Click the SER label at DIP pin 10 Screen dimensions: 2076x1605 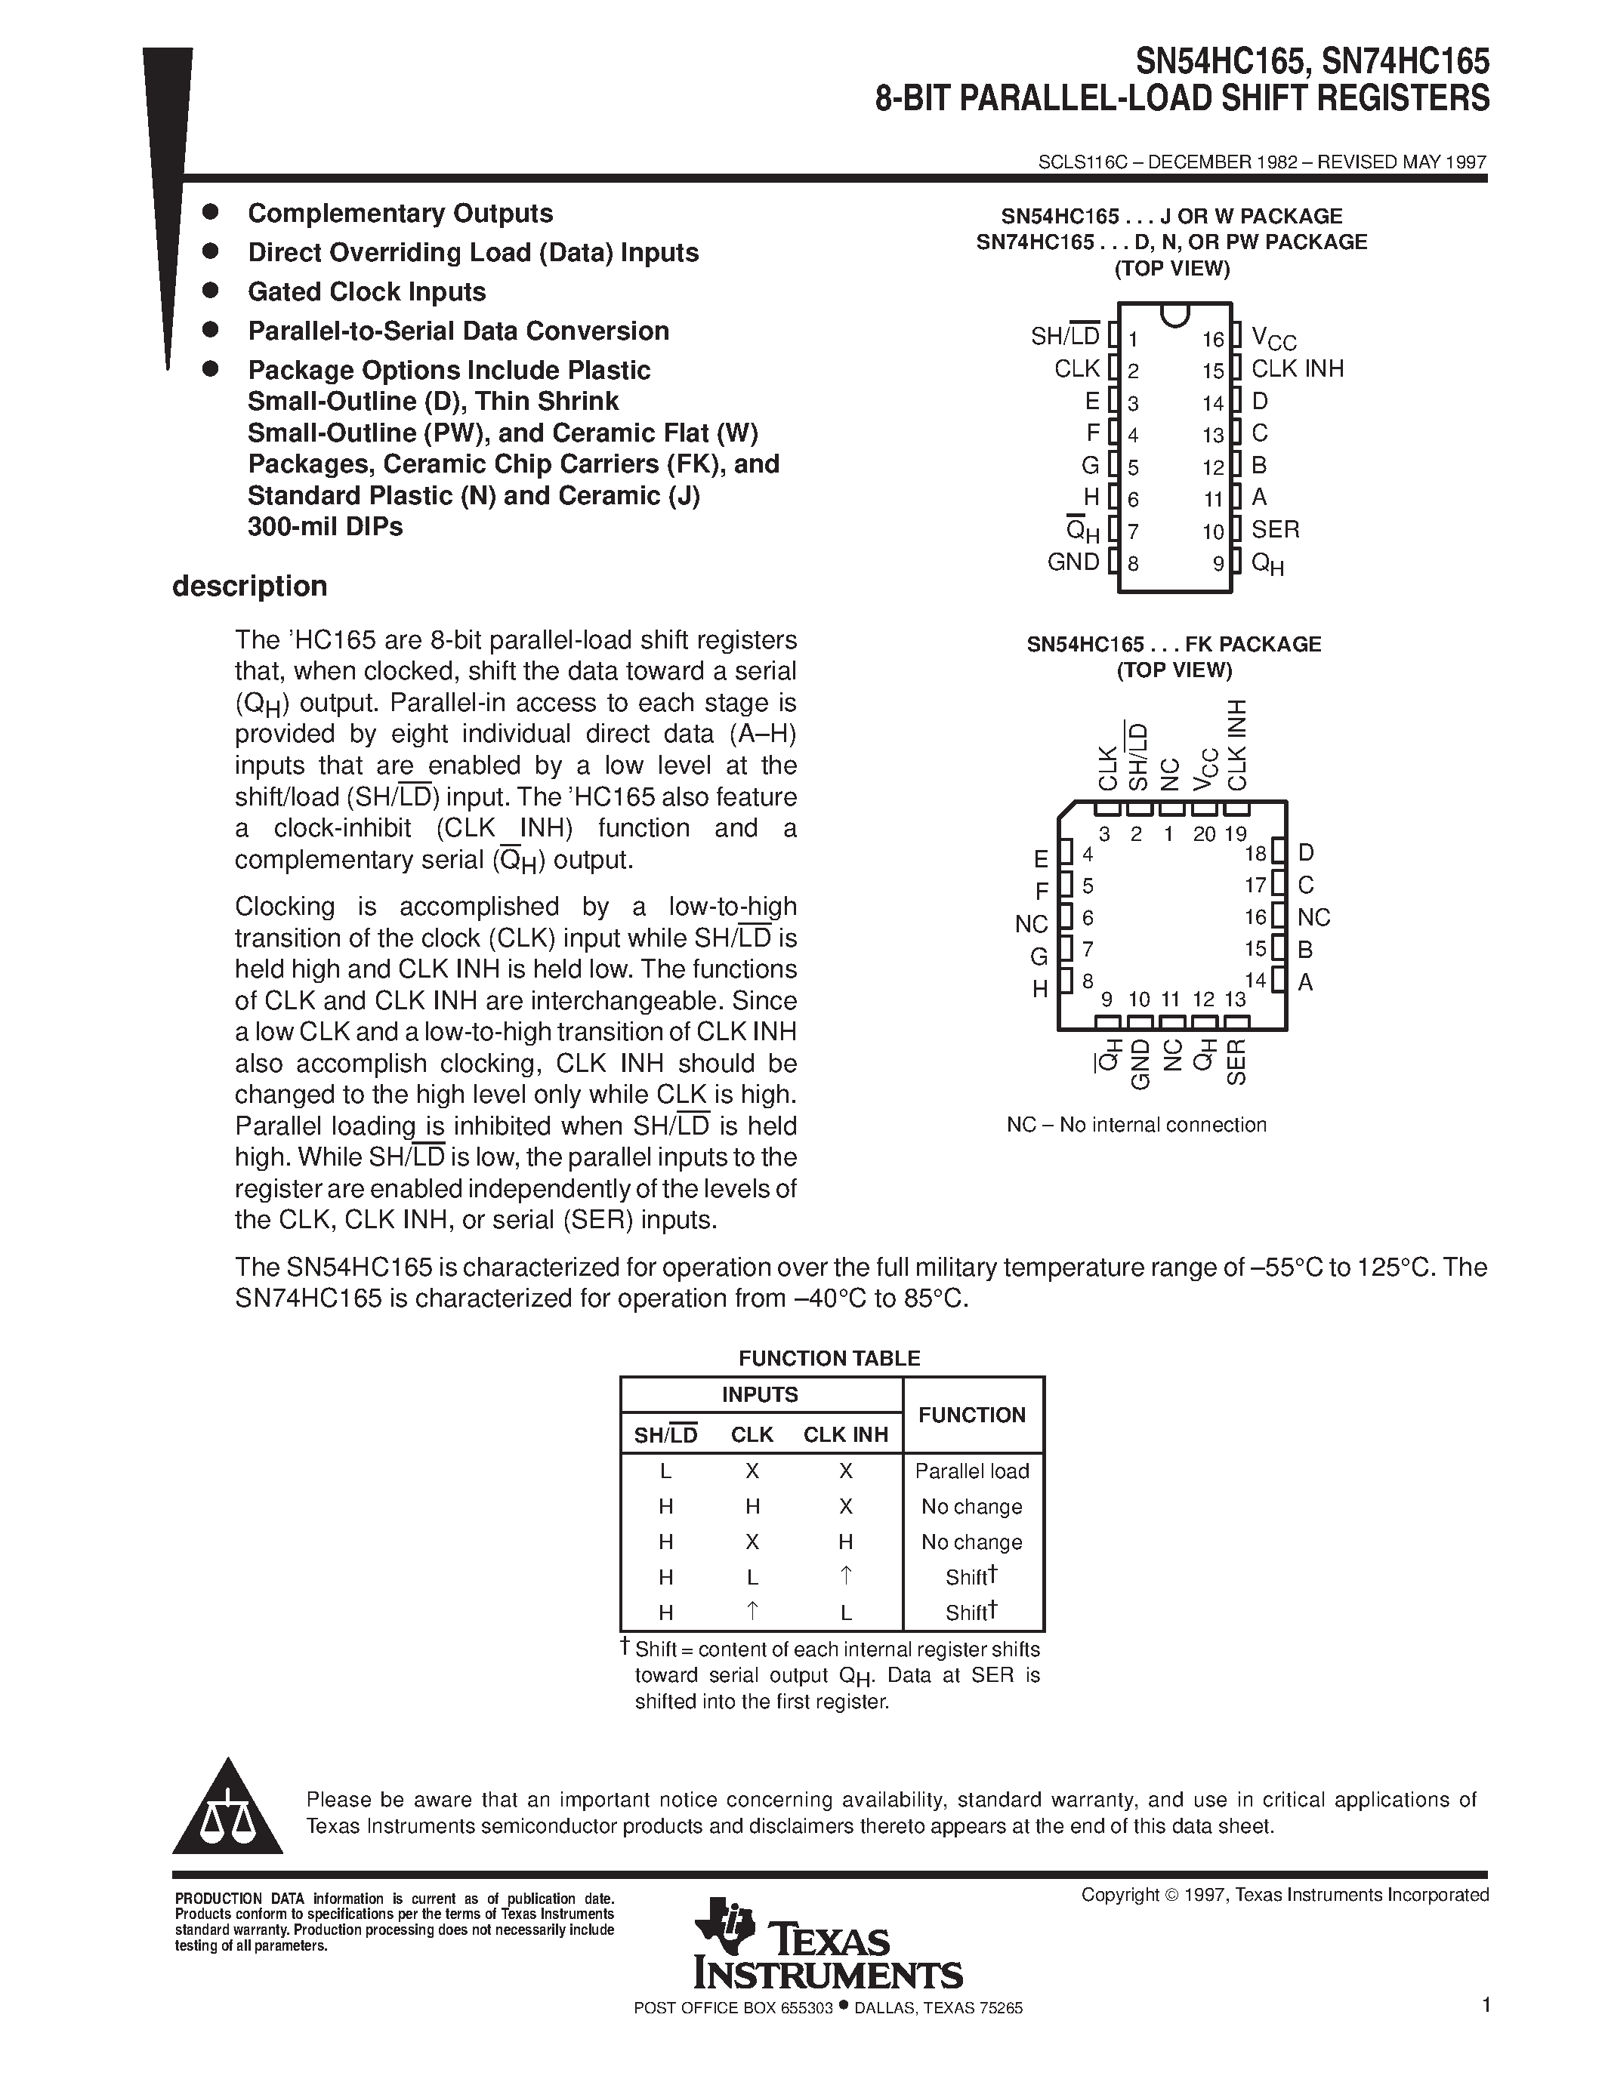(1275, 529)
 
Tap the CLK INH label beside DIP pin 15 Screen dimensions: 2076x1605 (1297, 369)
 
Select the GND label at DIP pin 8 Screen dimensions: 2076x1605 (1073, 562)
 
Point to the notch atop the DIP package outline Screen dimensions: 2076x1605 (1175, 315)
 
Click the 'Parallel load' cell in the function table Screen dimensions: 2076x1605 (972, 1471)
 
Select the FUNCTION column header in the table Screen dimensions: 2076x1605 (972, 1415)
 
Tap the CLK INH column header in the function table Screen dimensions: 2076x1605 (845, 1434)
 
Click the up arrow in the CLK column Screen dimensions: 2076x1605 (752, 1610)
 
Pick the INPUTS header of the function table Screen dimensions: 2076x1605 (760, 1394)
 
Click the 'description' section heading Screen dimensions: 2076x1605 (249, 586)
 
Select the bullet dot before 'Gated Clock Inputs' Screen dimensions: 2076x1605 (211, 290)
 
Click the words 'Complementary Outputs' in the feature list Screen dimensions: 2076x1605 (400, 213)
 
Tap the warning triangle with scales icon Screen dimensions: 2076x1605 (227, 1809)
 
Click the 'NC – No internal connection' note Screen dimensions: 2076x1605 (1136, 1125)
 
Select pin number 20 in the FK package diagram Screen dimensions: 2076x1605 (1204, 833)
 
